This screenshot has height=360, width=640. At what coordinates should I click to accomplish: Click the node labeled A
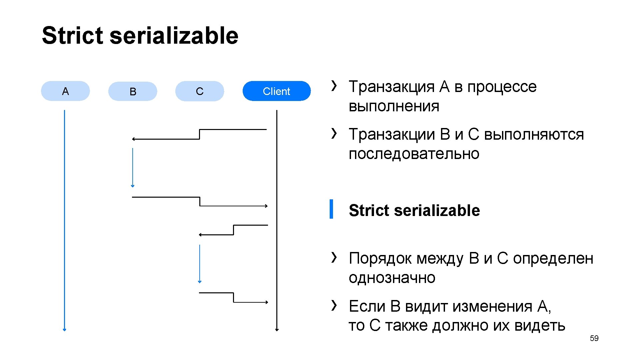65,91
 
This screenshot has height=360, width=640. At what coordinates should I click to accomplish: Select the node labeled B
133,91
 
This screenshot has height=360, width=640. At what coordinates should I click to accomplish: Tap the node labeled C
200,91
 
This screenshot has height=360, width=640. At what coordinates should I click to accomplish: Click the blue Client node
276,91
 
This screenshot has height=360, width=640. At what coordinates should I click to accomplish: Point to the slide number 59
594,338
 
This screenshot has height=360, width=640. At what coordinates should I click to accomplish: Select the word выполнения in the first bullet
394,106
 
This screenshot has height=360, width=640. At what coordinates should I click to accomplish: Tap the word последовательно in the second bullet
414,154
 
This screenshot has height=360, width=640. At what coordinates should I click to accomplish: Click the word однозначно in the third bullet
392,278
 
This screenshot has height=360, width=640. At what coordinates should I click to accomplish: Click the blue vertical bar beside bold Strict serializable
331,209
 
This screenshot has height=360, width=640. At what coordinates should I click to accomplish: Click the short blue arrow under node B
133,167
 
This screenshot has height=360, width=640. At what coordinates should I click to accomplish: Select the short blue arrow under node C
200,264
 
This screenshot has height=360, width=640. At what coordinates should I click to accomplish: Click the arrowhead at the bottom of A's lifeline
65,329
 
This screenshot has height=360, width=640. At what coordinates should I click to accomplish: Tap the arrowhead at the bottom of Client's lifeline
277,329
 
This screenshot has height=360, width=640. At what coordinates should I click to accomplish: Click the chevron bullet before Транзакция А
334,86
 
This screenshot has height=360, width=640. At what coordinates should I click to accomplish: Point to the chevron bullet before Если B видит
334,305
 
